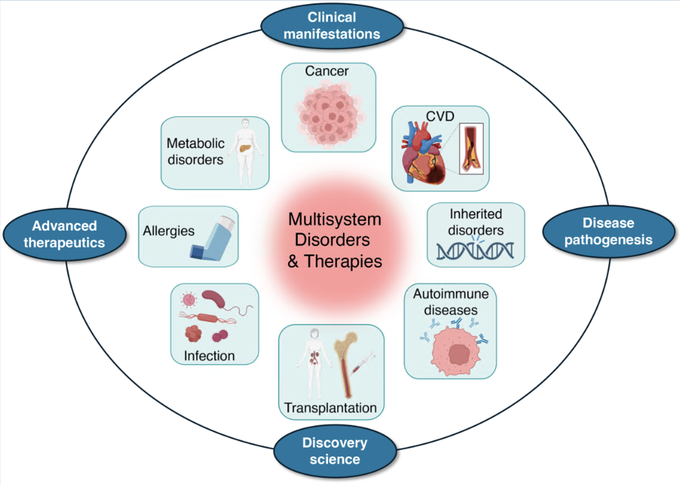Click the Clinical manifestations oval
pyautogui.click(x=332, y=26)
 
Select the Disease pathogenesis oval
pyautogui.click(x=608, y=232)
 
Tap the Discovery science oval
pyautogui.click(x=335, y=451)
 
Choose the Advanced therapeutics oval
pyautogui.click(x=64, y=234)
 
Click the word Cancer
pyautogui.click(x=327, y=71)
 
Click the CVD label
pyautogui.click(x=440, y=116)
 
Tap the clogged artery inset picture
pyautogui.click(x=471, y=149)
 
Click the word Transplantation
pyautogui.click(x=330, y=408)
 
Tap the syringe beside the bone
pyautogui.click(x=363, y=363)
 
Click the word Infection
pyautogui.click(x=209, y=356)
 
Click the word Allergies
pyautogui.click(x=169, y=231)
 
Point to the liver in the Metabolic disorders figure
pyautogui.click(x=245, y=148)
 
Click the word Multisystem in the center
pyautogui.click(x=335, y=220)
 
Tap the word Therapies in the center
pyautogui.click(x=343, y=261)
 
